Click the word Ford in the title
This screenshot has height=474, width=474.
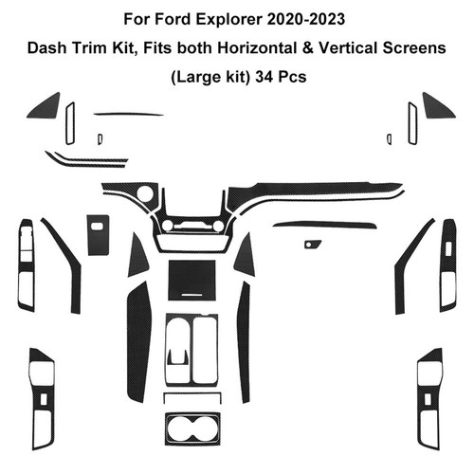tap(173, 19)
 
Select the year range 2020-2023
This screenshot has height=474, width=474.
tap(306, 19)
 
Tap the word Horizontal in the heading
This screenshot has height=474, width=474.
tap(257, 48)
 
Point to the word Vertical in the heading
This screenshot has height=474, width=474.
tap(348, 48)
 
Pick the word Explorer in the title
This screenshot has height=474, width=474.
tap(229, 20)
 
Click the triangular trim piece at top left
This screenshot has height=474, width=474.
tap(44, 105)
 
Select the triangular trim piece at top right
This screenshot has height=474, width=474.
tap(439, 105)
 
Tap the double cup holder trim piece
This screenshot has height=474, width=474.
tap(192, 428)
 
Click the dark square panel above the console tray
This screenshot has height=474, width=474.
tap(191, 280)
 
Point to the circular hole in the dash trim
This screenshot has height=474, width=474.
tap(145, 193)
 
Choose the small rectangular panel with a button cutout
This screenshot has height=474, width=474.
tap(99, 235)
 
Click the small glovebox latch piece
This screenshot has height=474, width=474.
tap(313, 244)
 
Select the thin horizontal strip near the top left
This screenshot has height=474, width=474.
tap(129, 114)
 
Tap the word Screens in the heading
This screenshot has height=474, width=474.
tap(414, 48)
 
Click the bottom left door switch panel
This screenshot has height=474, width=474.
tap(42, 399)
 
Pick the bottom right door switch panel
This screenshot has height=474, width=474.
tap(429, 399)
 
